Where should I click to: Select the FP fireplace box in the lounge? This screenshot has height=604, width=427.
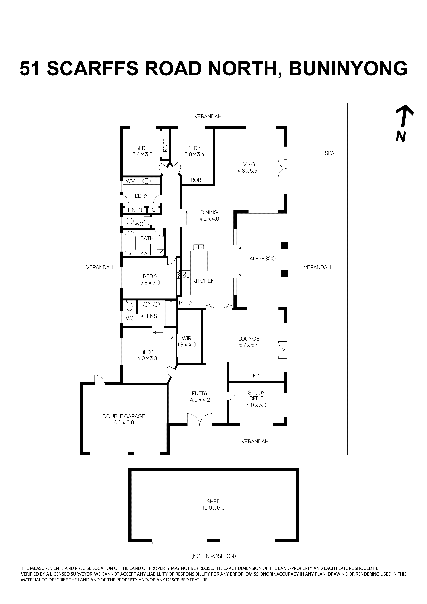click(x=256, y=376)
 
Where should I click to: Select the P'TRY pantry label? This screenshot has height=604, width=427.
click(x=186, y=303)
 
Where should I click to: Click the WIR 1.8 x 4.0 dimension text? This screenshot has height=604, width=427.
click(x=186, y=345)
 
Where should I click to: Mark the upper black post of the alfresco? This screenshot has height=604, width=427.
click(x=285, y=245)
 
